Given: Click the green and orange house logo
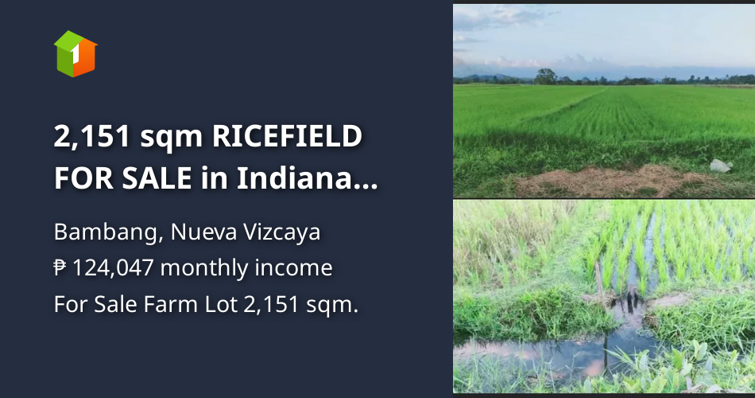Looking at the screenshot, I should click(x=75, y=53).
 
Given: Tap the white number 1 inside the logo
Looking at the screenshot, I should click(x=74, y=57).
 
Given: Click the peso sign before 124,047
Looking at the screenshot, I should click(x=60, y=268).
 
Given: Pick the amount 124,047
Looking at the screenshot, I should click(x=114, y=268).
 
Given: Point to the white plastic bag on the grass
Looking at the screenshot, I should click(x=720, y=166).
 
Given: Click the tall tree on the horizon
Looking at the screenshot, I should click(x=545, y=76).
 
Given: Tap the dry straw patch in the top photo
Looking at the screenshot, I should click(x=604, y=181).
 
